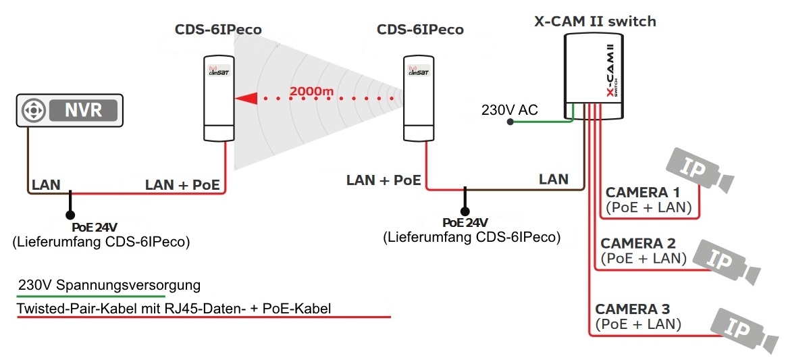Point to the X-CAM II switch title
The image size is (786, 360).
tap(595, 22)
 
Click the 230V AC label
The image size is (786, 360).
tap(509, 109)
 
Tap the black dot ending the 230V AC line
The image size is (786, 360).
tap(510, 122)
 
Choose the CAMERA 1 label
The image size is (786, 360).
tap(642, 192)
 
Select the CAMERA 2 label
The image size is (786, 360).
tap(637, 243)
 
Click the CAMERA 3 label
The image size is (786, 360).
tap(632, 309)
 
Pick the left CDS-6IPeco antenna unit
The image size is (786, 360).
tap(217, 99)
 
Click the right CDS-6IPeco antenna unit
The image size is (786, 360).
tap(419, 99)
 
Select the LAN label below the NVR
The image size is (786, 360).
tap(46, 184)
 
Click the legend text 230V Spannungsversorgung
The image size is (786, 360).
tap(109, 285)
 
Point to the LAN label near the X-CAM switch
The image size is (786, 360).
tap(553, 180)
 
